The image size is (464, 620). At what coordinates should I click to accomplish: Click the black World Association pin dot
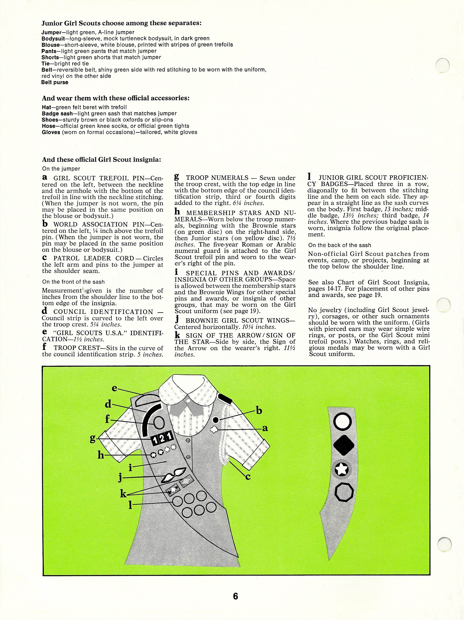point(215,420)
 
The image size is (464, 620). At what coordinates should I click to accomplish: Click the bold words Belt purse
point(55,82)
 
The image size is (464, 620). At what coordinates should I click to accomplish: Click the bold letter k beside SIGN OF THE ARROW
point(177,335)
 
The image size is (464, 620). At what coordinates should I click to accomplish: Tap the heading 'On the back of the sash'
point(339,245)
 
